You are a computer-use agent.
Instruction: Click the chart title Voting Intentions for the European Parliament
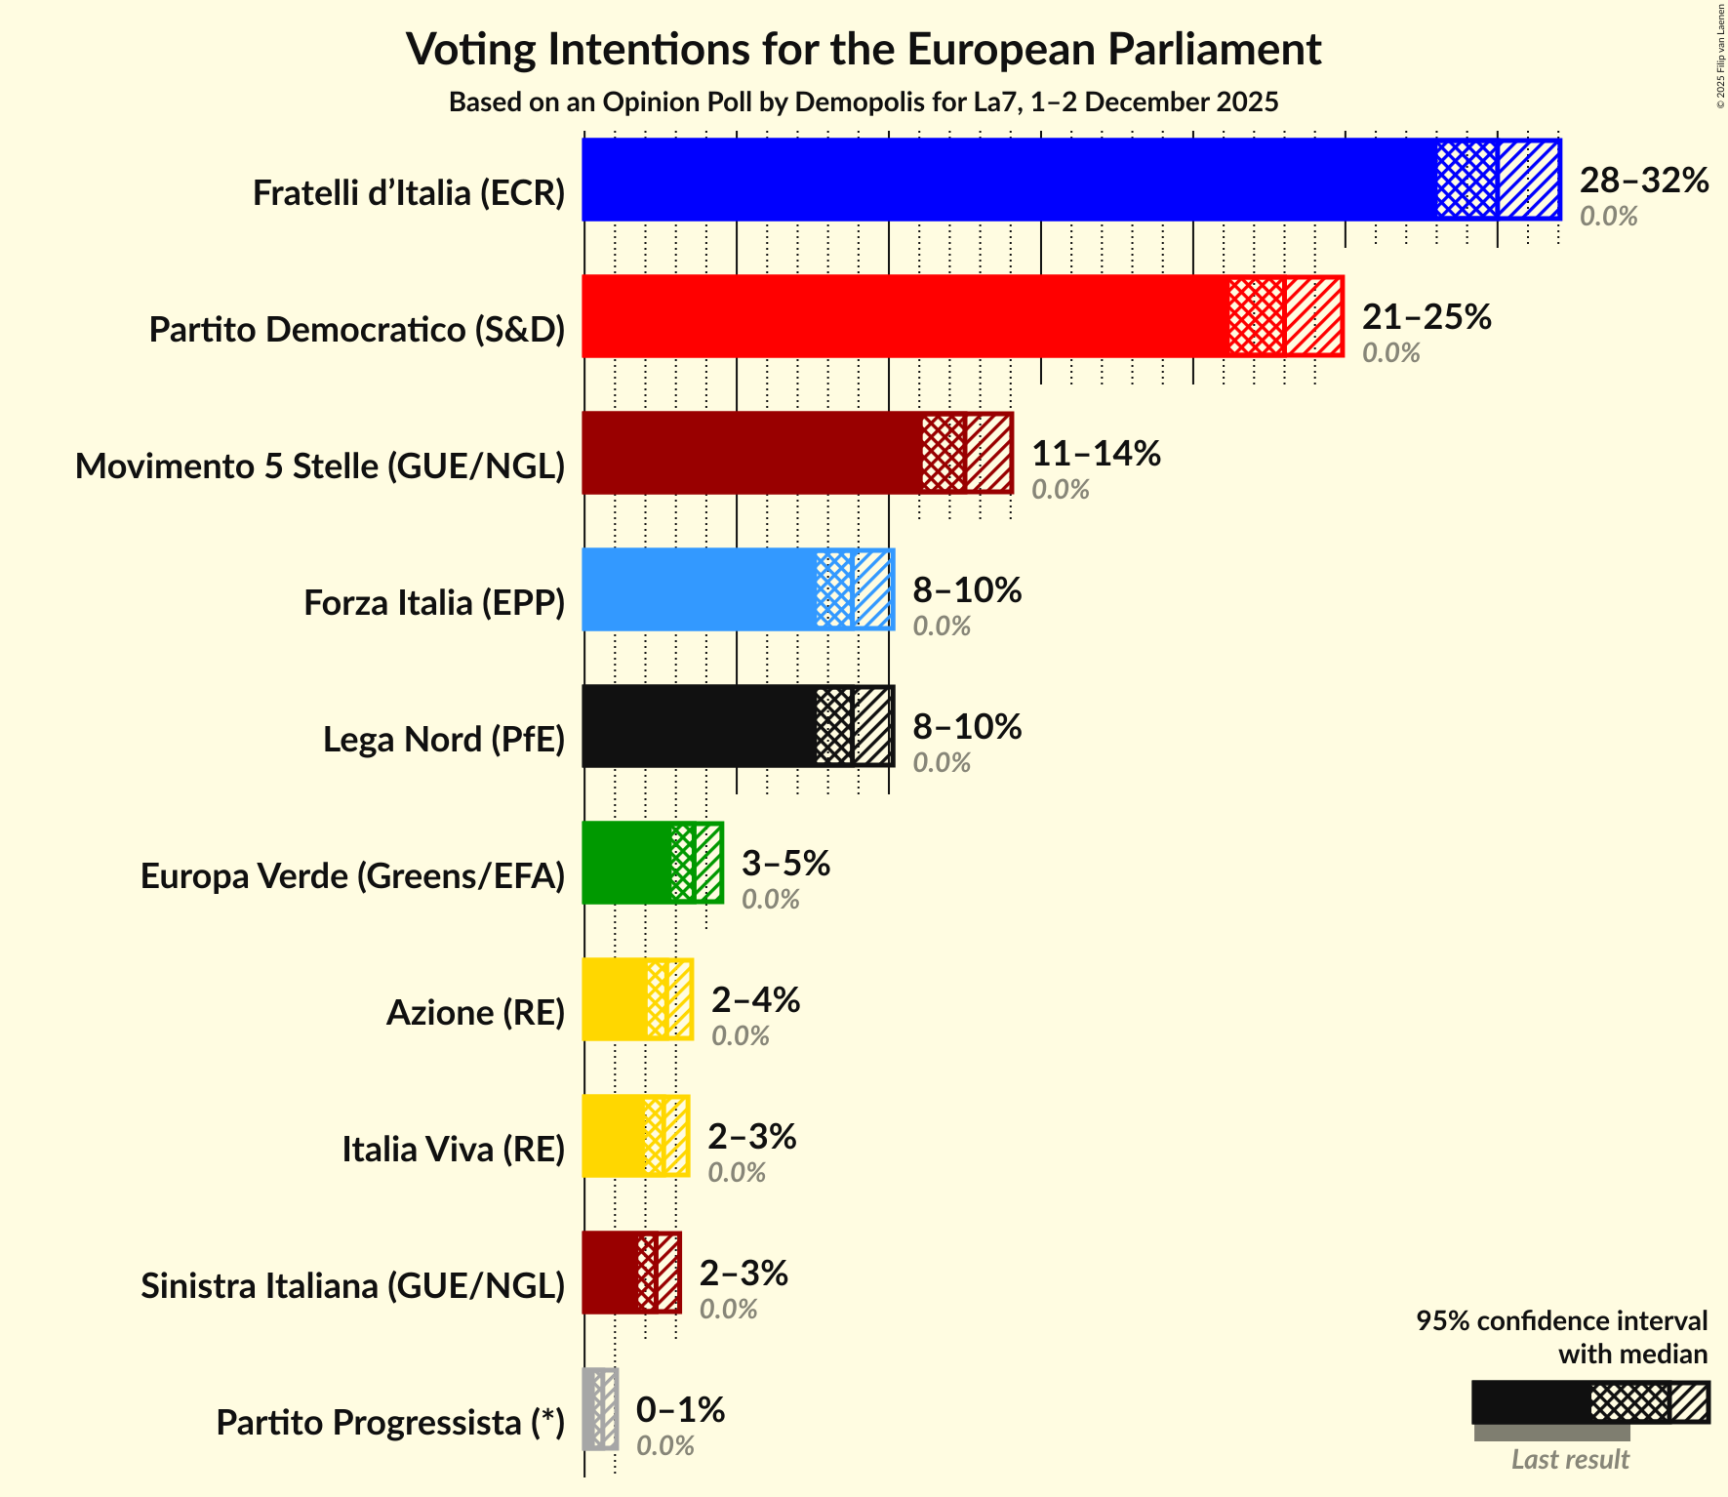(x=864, y=49)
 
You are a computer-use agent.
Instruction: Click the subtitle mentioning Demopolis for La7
(x=864, y=102)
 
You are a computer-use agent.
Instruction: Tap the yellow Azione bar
(x=614, y=999)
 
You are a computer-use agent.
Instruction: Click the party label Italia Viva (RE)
(x=453, y=1150)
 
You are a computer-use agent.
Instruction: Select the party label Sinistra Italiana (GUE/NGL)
(x=352, y=1286)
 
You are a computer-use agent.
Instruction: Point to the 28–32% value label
(x=1644, y=181)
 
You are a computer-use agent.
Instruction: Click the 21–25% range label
(x=1427, y=317)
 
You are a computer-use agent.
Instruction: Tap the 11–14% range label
(x=1096, y=454)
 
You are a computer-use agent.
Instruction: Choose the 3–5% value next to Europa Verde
(x=785, y=864)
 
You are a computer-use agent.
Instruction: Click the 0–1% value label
(x=680, y=1410)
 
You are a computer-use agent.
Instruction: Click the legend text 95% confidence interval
(x=1561, y=1321)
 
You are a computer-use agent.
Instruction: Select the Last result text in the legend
(x=1570, y=1460)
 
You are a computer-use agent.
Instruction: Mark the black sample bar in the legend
(x=1530, y=1402)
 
